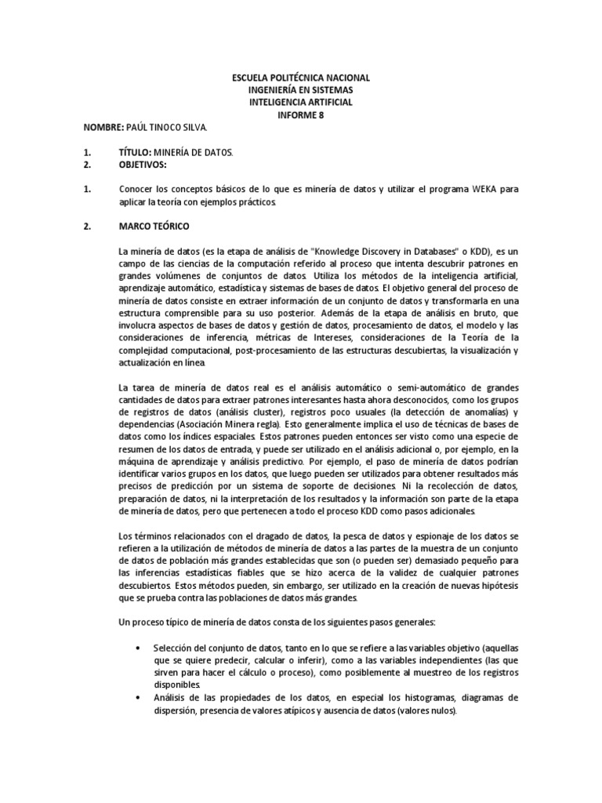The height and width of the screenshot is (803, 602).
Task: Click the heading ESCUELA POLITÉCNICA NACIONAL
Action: point(301,78)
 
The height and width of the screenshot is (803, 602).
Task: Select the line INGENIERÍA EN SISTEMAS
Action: point(301,90)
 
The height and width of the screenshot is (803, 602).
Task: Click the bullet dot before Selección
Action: point(138,649)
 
